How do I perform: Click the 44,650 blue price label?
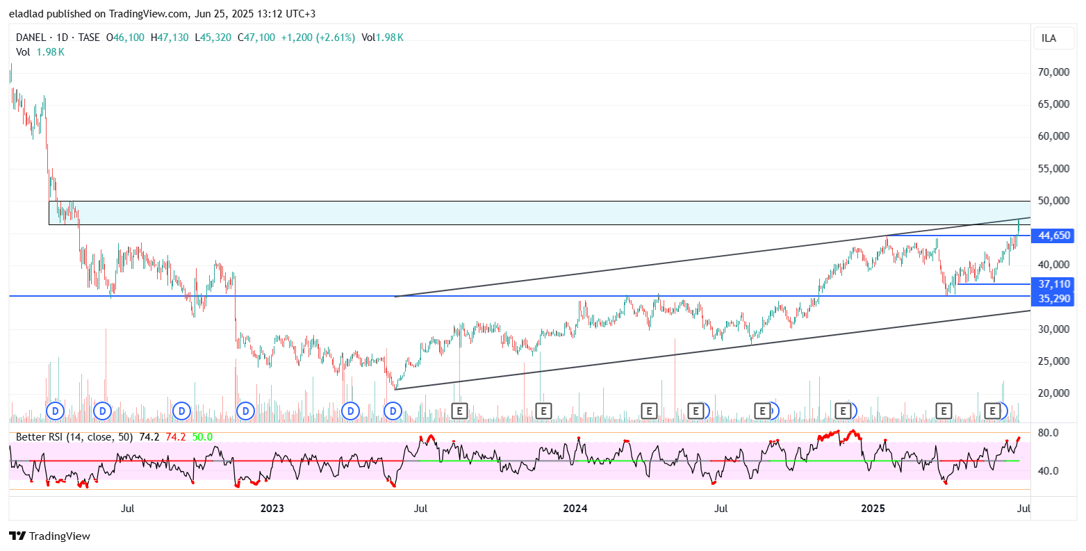(1054, 236)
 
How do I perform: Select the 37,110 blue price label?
(1054, 284)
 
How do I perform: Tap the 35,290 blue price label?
(1054, 299)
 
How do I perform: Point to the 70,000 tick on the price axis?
(1053, 72)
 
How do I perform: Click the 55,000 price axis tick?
(1053, 169)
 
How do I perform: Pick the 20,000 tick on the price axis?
(1053, 393)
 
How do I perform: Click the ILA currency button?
(1048, 38)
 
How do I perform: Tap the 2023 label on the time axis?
(272, 509)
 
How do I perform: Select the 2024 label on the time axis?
(575, 509)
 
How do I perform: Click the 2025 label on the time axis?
(873, 509)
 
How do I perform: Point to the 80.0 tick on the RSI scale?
(1048, 433)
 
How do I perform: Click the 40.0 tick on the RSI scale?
(1048, 471)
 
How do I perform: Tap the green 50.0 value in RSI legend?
(202, 437)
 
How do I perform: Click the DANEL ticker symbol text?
(31, 38)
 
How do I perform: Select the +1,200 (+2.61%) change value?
(318, 38)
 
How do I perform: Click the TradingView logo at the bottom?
(49, 536)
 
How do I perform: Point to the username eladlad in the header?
(28, 14)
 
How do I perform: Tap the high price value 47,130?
(170, 38)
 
